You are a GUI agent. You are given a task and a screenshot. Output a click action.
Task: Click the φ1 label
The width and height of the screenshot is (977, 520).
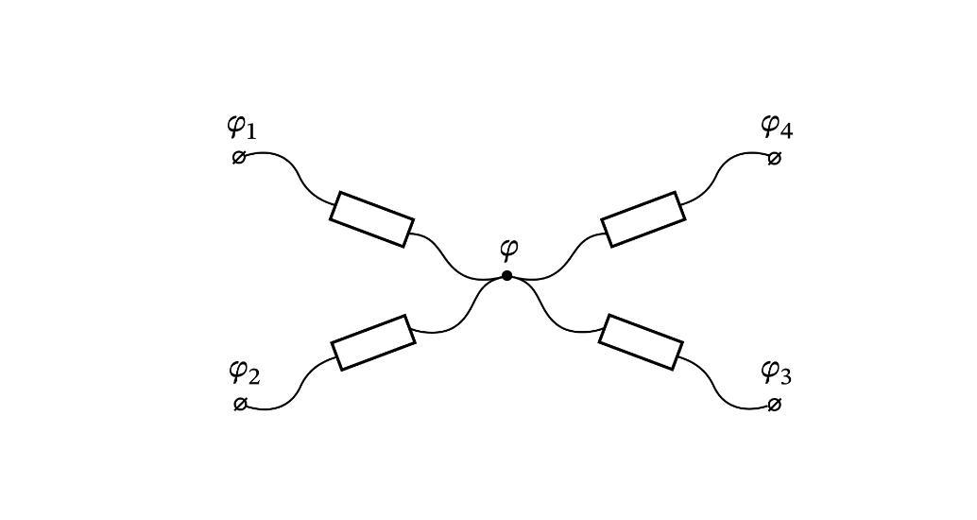(241, 128)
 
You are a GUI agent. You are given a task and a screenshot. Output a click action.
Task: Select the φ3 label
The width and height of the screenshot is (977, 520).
(777, 373)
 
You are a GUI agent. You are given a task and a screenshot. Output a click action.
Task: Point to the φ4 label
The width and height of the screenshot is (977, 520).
(777, 128)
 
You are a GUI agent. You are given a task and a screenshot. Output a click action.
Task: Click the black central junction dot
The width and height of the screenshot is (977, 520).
(507, 275)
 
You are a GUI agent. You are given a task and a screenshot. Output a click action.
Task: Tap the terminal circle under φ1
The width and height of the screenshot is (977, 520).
(239, 157)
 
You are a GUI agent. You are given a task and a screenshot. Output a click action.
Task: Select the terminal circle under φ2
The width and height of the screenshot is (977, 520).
(239, 404)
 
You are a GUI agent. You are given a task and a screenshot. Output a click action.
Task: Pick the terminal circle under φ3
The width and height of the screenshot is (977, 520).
(774, 406)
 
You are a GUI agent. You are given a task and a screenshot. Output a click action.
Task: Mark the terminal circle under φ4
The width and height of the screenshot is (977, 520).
(774, 159)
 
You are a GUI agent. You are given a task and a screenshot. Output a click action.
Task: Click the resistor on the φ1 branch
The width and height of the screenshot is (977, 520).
(371, 218)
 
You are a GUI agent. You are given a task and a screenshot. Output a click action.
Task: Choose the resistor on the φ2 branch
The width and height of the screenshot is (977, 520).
(372, 342)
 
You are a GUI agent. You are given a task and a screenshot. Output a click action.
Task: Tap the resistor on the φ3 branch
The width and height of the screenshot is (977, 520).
(642, 342)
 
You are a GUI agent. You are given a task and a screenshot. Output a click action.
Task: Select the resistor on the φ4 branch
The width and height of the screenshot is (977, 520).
(643, 219)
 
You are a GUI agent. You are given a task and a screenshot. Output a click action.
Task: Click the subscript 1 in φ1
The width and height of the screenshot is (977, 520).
(249, 131)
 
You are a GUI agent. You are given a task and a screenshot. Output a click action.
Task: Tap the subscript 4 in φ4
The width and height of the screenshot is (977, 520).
(786, 130)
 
